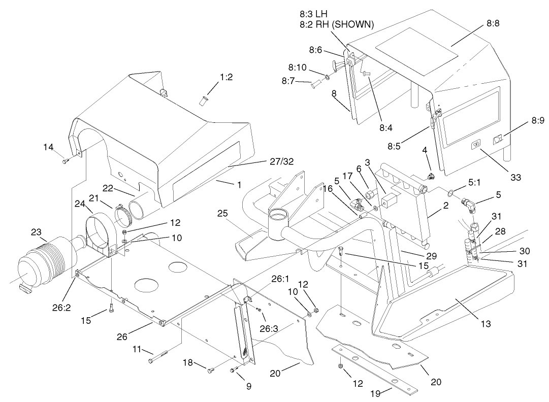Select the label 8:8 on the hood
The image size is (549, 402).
click(x=493, y=23)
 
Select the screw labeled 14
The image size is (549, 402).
click(x=66, y=161)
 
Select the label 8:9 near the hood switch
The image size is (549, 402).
click(x=538, y=120)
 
